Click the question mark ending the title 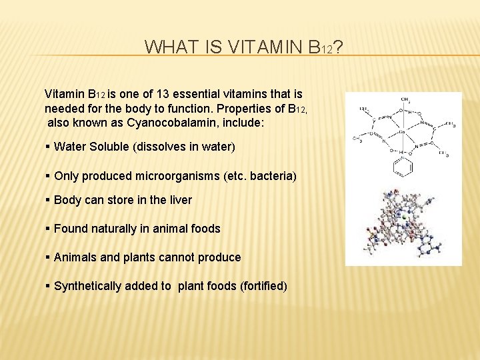338,47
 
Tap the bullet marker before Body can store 48,200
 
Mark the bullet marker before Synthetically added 48,286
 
